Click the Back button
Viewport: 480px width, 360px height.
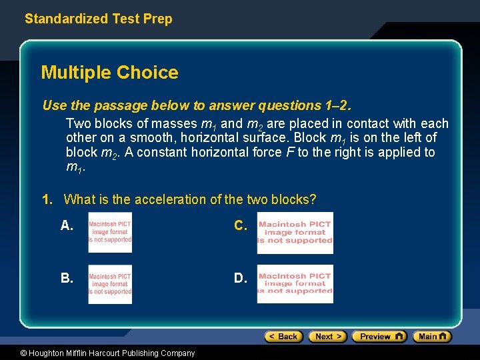[283, 337]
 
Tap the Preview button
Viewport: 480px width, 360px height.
[379, 337]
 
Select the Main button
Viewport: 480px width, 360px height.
[432, 337]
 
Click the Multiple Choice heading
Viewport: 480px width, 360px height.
[109, 73]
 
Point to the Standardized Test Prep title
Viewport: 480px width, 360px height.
[98, 19]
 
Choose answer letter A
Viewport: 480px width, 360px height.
[67, 226]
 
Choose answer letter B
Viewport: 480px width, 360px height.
[67, 278]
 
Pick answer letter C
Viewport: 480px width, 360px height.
[241, 226]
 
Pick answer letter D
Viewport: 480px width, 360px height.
[241, 278]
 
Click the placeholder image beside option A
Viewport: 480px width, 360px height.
[110, 233]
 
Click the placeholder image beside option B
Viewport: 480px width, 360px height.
[110, 285]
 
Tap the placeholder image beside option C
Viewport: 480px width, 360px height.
[295, 233]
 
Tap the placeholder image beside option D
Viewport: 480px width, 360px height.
[295, 284]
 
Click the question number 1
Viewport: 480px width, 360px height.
[47, 199]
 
